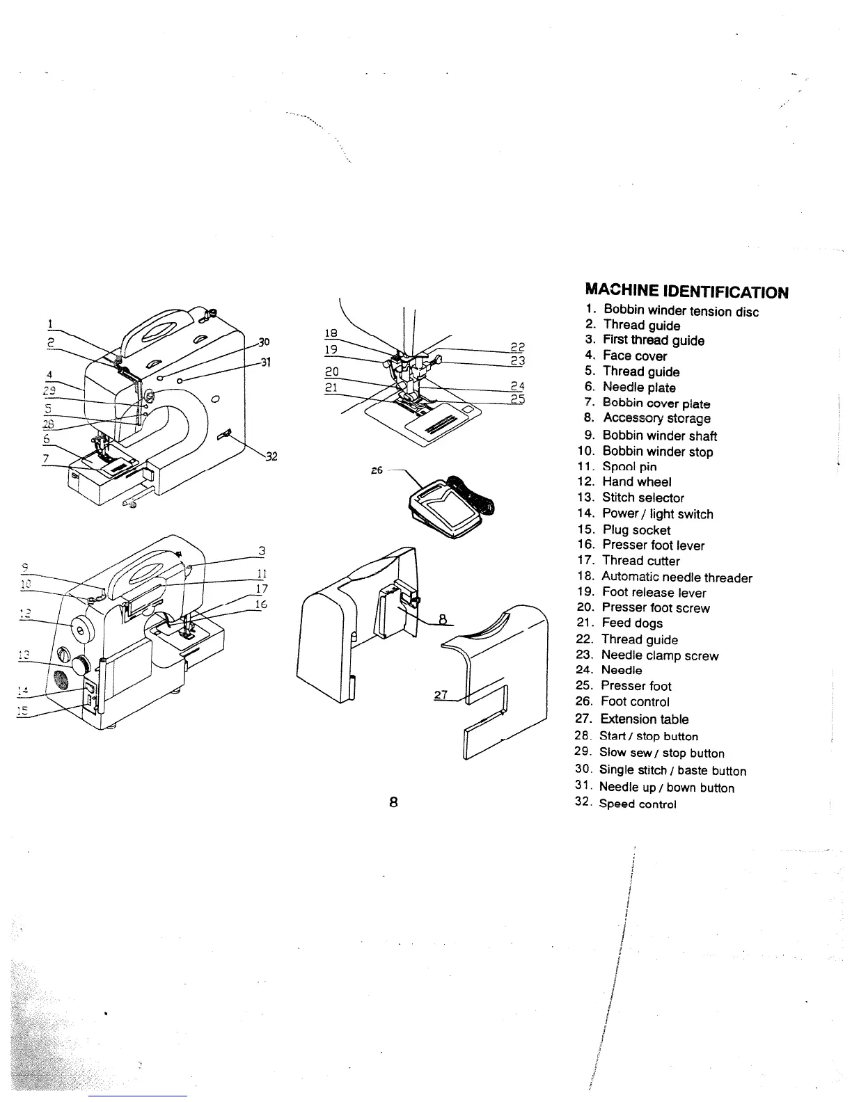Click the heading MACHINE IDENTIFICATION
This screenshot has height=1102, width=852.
tap(687, 291)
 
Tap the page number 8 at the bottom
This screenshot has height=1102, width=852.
tap(393, 801)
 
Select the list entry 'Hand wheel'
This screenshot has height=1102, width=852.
tap(636, 481)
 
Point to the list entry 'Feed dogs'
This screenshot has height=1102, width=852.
tap(632, 623)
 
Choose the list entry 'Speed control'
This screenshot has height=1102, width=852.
tap(638, 804)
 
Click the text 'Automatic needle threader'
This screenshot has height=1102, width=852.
tap(676, 577)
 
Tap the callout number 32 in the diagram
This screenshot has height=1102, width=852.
tap(272, 456)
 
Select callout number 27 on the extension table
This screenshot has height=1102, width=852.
tap(440, 695)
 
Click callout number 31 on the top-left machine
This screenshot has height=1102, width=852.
tap(265, 362)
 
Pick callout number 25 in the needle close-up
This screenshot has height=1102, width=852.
tap(516, 399)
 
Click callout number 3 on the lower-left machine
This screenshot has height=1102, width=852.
tap(262, 551)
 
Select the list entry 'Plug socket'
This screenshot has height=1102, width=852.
tap(636, 530)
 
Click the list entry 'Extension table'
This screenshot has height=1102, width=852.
tap(645, 719)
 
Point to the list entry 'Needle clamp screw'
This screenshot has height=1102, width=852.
tap(659, 655)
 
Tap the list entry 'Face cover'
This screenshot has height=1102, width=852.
tap(634, 356)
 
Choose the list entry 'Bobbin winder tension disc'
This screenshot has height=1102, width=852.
tap(680, 311)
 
